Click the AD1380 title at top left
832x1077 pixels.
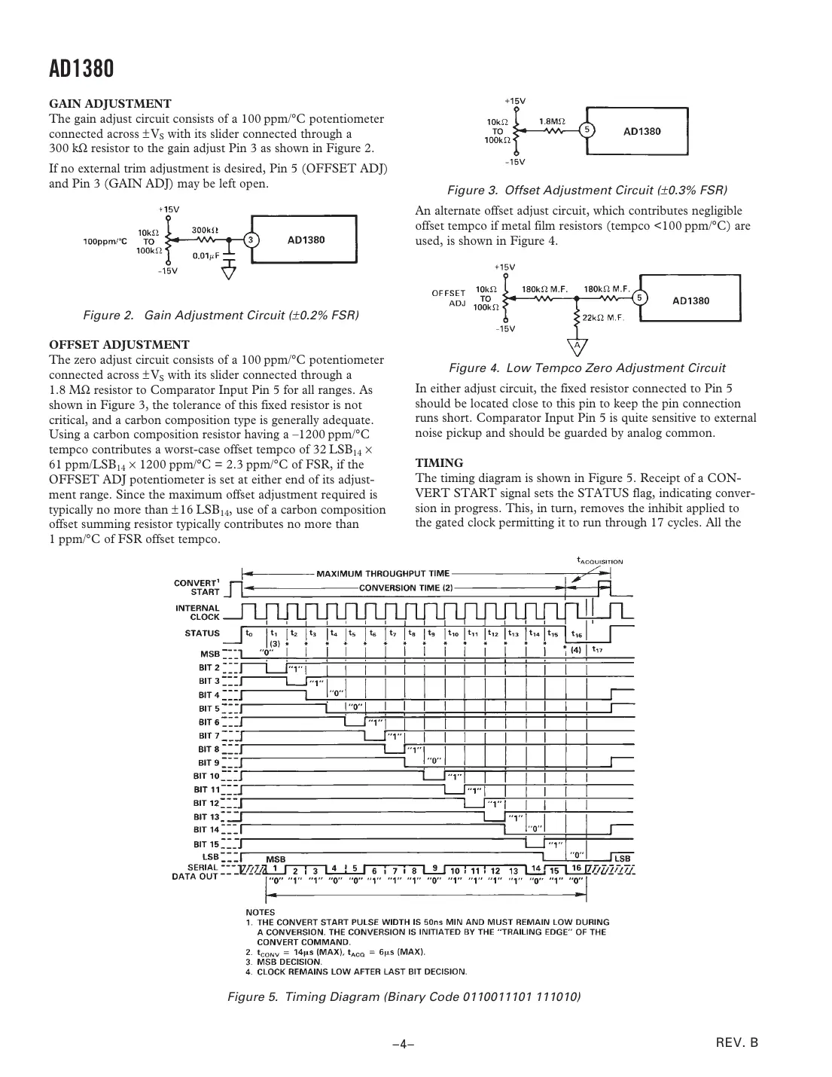[x=81, y=70]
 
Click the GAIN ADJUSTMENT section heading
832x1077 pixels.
[x=110, y=103]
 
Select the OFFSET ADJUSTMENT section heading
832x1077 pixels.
[x=119, y=344]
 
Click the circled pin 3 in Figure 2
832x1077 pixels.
[x=252, y=240]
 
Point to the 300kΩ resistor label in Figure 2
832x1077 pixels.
[x=205, y=230]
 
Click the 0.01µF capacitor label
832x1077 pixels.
[x=206, y=255]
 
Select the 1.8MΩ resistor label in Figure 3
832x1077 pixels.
[x=553, y=120]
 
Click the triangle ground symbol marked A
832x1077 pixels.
[x=577, y=346]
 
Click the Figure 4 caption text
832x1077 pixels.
[x=587, y=368]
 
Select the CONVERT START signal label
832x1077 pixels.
[x=197, y=587]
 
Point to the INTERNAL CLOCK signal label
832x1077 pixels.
[x=197, y=612]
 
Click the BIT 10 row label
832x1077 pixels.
[x=206, y=776]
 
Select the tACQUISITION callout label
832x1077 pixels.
[x=600, y=560]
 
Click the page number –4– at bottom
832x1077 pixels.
[x=404, y=1044]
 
